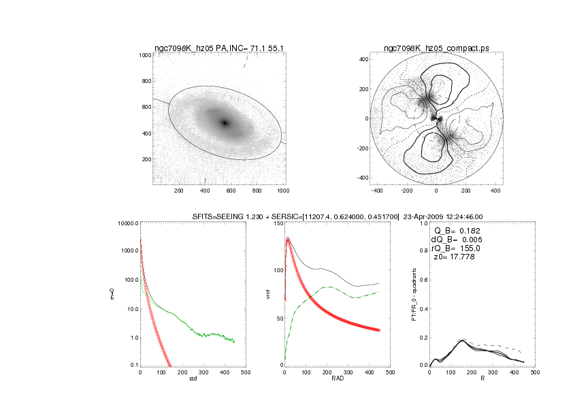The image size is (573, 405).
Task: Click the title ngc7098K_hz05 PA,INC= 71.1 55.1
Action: pos(219,48)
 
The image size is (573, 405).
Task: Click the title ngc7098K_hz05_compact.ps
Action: pos(436,48)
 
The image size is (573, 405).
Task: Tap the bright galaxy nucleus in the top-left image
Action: pos(225,123)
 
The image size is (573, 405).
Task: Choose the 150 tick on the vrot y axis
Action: pos(276,223)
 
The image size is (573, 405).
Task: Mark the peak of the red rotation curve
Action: pos(288,240)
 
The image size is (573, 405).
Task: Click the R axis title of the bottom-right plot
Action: pos(482,378)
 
